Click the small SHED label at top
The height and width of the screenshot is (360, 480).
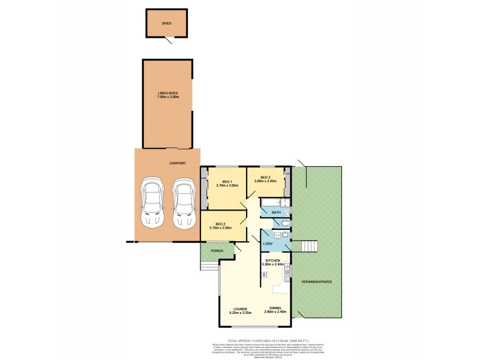tap(167, 23)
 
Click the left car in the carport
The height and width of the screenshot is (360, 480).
tap(152, 202)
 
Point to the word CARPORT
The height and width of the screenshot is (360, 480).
tap(177, 163)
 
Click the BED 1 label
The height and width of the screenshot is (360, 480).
tap(227, 182)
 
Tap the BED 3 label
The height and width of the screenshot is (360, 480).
tap(265, 177)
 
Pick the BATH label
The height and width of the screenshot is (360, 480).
tap(276, 212)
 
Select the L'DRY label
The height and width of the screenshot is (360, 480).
tap(268, 244)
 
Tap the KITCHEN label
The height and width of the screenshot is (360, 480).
tap(273, 260)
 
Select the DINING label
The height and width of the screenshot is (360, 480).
tap(276, 309)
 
